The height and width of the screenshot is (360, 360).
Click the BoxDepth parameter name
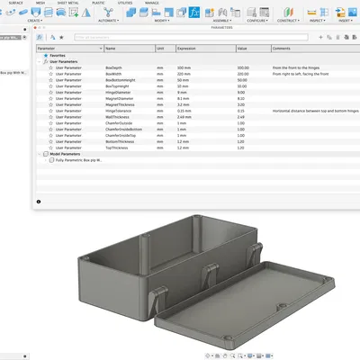pyautogui.click(x=113, y=67)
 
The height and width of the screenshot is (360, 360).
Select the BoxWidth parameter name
pyautogui.click(x=113, y=74)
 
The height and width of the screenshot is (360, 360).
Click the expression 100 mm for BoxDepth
pyautogui.click(x=184, y=67)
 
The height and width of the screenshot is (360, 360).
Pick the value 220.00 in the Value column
pyautogui.click(x=243, y=74)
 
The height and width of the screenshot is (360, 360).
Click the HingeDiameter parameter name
pyautogui.click(x=117, y=92)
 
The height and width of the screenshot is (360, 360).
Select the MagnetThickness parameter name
pyautogui.click(x=119, y=104)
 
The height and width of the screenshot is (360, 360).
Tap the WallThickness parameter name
pyautogui.click(x=117, y=116)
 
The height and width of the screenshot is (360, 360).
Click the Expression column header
pyautogui.click(x=186, y=48)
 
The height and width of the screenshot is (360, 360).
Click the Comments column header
pyautogui.click(x=282, y=48)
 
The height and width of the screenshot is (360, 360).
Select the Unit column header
pyautogui.click(x=160, y=48)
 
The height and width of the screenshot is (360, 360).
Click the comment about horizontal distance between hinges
pyautogui.click(x=308, y=111)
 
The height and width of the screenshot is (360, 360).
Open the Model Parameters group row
pyautogui.click(x=67, y=153)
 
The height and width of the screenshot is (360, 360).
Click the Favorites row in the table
pyautogui.click(x=58, y=55)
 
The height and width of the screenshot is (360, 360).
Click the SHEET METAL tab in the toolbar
pyautogui.click(x=67, y=4)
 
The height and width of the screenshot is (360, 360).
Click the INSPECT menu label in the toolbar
pyautogui.click(x=316, y=20)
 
